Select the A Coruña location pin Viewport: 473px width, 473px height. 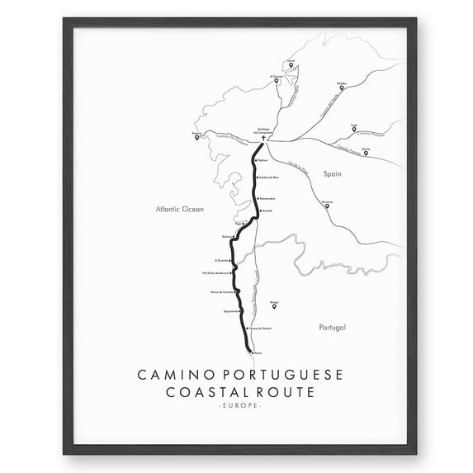276,81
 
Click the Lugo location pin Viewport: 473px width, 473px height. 354,129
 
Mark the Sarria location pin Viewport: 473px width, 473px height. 366,152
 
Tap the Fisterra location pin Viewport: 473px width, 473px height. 196,137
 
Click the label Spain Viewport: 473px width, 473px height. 332,174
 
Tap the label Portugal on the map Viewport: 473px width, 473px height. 333,328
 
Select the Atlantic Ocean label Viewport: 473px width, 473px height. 179,210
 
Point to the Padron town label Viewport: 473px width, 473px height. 263,161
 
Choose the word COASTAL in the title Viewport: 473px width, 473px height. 196,392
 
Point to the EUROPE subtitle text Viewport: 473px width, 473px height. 236,406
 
